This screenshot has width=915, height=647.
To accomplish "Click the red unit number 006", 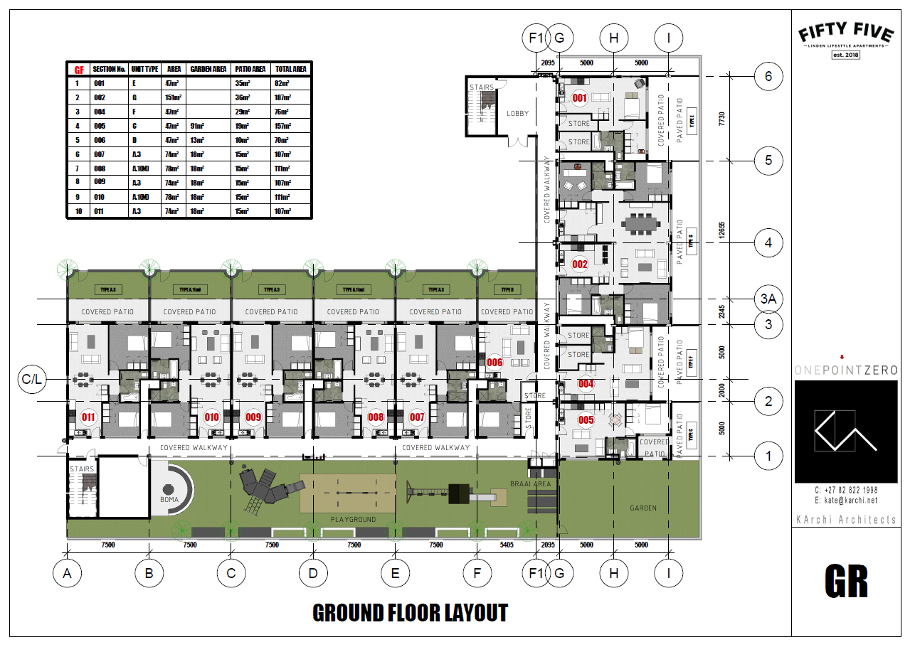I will (x=494, y=362).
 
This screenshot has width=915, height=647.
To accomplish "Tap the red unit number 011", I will (x=89, y=417).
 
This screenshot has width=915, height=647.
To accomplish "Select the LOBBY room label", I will (x=517, y=113).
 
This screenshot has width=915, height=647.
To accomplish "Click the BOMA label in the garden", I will (x=169, y=500).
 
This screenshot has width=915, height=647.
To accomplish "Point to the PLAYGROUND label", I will (x=353, y=520).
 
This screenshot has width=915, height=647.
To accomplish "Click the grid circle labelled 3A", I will (x=768, y=299).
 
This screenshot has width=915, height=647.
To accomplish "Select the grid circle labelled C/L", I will (x=33, y=380).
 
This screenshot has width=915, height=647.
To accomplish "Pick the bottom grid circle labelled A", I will (x=68, y=573).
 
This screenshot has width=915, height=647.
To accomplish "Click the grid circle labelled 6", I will (x=768, y=76).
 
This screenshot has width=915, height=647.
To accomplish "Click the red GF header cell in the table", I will (x=78, y=70).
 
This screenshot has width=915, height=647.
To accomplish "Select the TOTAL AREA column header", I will (x=290, y=70).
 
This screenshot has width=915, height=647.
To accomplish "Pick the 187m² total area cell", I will (x=284, y=97).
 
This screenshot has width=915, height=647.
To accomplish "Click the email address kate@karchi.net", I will (x=845, y=501).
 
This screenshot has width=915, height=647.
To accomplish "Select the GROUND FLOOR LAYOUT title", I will (x=411, y=613).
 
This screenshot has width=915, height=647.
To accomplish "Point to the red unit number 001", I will (x=579, y=99).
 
